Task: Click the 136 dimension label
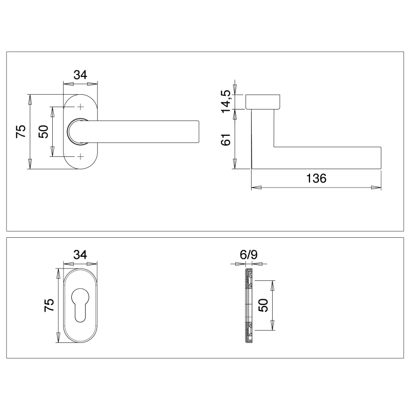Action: click(x=316, y=178)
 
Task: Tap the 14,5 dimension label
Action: click(x=226, y=101)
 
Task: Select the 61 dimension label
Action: click(x=226, y=139)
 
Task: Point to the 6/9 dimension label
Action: click(x=249, y=254)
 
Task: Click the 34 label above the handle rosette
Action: click(x=80, y=75)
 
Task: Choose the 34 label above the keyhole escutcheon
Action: click(x=80, y=254)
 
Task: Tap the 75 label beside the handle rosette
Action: click(x=21, y=131)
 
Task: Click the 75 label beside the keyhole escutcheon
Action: click(x=49, y=305)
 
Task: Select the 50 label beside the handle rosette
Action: click(x=44, y=132)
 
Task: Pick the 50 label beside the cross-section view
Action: click(x=263, y=305)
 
